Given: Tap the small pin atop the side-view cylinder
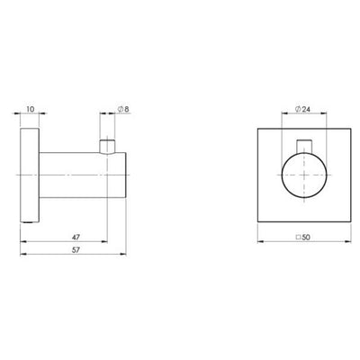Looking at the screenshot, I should [109, 144].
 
